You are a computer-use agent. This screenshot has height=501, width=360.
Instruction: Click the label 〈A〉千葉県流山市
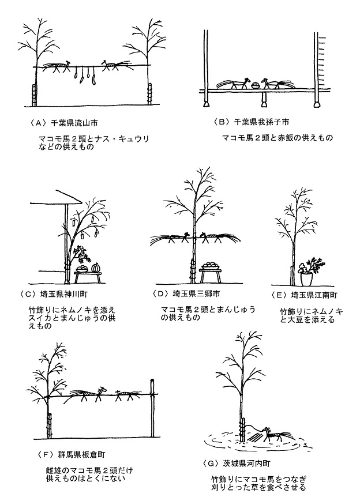click(63, 123)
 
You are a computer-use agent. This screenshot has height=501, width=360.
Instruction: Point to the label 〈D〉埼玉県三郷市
click(186, 293)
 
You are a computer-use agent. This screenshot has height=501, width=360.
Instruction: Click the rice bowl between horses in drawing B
click(256, 85)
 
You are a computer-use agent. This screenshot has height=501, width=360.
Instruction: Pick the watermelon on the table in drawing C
click(96, 268)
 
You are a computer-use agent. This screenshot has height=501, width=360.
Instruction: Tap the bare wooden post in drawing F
click(153, 408)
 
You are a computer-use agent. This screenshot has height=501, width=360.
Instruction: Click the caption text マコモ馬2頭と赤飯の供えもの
click(277, 138)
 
